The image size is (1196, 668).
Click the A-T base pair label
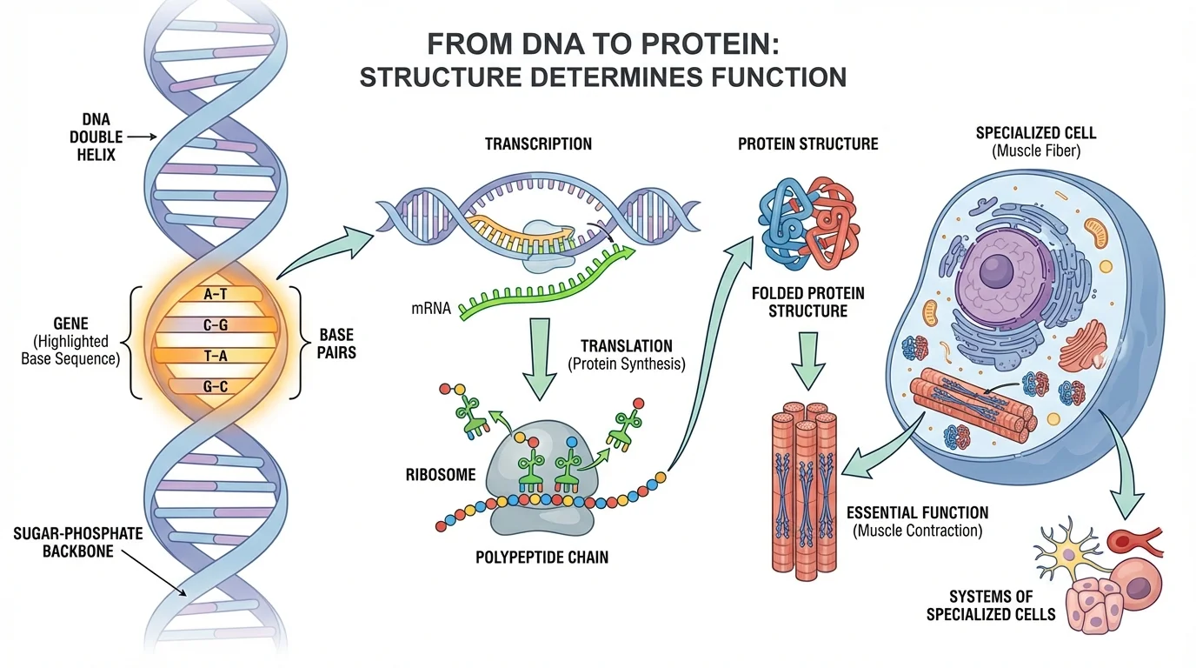pos(214,295)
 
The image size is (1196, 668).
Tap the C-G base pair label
pos(214,325)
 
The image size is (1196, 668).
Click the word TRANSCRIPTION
pos(538,144)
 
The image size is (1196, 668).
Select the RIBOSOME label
pos(441,475)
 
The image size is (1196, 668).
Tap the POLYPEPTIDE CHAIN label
pos(542,557)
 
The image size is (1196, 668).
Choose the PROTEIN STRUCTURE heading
pos(807,144)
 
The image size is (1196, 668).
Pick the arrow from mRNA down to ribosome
pos(538,357)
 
